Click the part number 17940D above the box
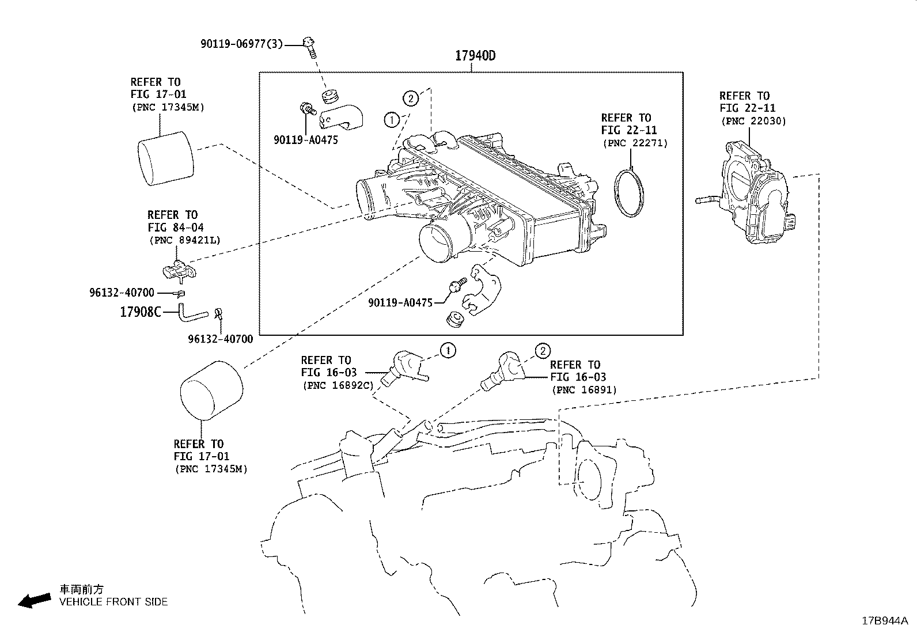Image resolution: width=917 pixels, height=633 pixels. point(475,56)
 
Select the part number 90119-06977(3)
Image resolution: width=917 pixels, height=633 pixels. point(241,44)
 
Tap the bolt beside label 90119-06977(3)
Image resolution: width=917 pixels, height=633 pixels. point(310,47)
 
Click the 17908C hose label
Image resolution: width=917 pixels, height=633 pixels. point(141,312)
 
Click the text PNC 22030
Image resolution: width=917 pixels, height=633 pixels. point(753,121)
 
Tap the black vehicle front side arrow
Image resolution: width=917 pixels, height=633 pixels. point(35,601)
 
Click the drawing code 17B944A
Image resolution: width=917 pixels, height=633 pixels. point(885,621)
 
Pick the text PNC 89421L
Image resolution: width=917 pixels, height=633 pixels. point(185,240)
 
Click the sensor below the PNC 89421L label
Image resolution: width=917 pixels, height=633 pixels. point(179,270)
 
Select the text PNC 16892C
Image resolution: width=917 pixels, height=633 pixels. point(338,386)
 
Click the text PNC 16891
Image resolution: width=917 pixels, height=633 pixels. point(584,390)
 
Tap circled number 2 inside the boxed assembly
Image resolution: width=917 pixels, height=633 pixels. point(411,98)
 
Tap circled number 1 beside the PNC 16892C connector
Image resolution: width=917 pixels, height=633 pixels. point(448,351)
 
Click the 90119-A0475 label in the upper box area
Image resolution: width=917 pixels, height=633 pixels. point(306,140)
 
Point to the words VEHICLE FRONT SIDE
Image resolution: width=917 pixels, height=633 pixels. point(113,602)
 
